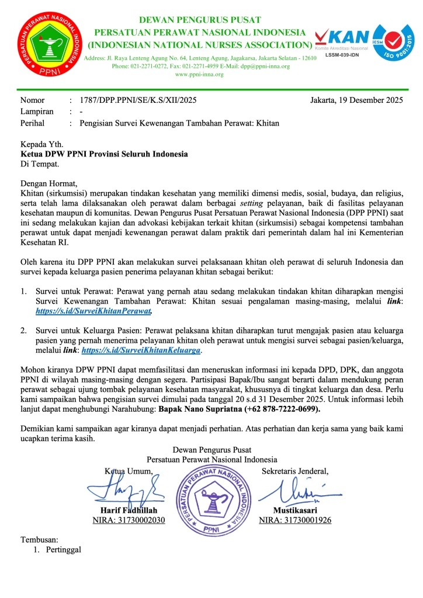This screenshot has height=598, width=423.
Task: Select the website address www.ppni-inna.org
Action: [x=199, y=74]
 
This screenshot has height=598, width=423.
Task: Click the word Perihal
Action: [x=32, y=123]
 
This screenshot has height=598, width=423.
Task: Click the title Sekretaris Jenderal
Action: [x=295, y=471]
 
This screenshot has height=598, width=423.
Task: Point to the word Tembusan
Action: [x=40, y=540]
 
